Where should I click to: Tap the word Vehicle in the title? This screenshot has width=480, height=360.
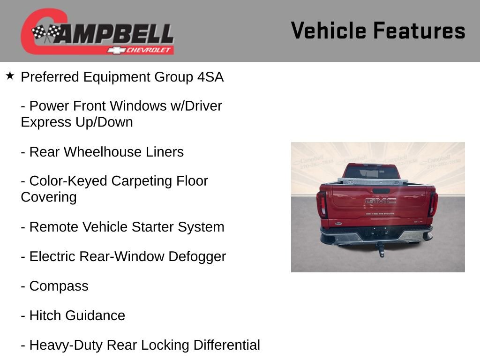[328, 31]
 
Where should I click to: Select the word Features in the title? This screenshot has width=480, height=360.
[419, 31]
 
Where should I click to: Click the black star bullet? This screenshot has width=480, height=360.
[10, 75]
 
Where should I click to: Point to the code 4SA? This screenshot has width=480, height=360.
[210, 77]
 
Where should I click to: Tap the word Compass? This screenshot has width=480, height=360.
[59, 286]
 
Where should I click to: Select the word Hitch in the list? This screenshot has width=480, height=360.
[45, 315]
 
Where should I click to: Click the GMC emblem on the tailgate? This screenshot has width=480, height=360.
[381, 201]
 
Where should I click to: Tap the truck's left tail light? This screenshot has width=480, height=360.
[322, 203]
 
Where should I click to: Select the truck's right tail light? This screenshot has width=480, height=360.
[433, 203]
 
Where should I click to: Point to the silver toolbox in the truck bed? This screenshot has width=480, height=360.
[373, 180]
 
